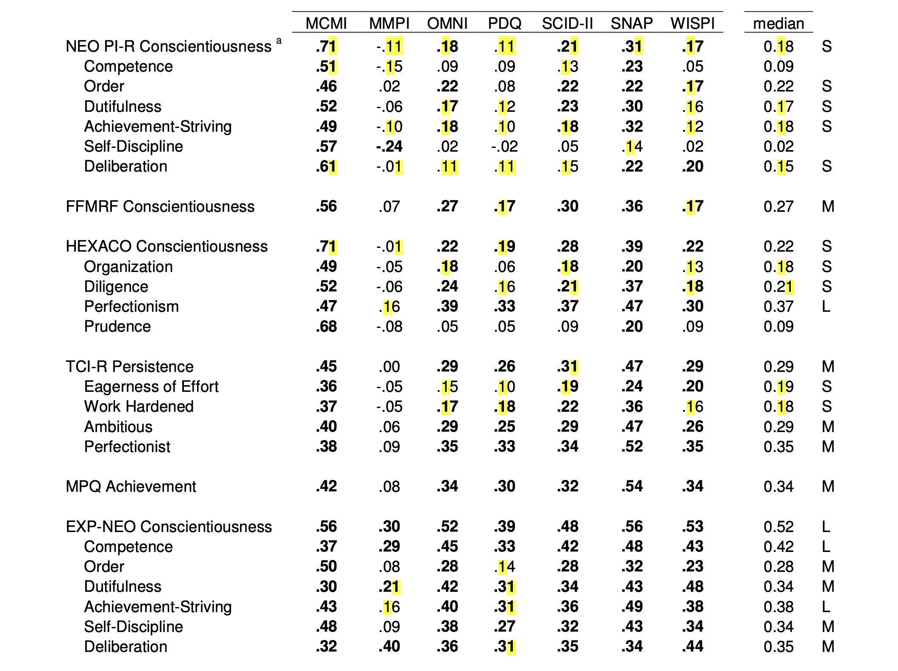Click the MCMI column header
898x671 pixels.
326,23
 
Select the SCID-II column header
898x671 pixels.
567,23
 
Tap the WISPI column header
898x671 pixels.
692,23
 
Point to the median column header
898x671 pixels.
778,23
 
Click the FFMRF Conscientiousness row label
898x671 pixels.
160,206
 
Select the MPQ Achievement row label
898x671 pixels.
131,486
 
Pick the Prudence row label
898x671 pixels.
117,326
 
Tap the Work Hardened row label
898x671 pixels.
139,406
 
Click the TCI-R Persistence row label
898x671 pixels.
130,366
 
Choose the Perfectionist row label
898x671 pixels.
127,446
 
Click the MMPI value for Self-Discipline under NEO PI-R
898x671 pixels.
389,147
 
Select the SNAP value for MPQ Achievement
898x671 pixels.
632,486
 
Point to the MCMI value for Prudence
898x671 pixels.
326,326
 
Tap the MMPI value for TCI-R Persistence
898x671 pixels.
389,366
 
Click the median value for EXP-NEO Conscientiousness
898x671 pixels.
778,527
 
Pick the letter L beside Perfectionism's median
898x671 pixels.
826,306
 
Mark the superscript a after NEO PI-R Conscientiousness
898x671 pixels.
279,41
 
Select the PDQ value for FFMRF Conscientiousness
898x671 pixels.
504,206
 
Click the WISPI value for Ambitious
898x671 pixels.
692,427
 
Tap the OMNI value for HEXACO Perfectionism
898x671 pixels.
447,306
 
